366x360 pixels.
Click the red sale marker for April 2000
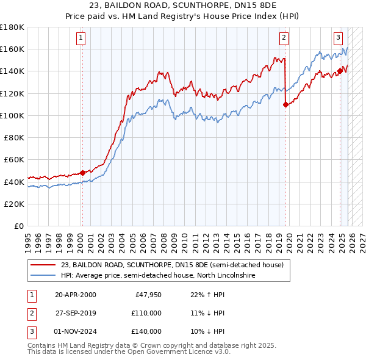[x=82, y=173]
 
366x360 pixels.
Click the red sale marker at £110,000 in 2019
[x=285, y=104]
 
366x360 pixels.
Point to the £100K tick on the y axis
[x=12, y=115]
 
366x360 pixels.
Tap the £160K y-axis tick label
[x=12, y=49]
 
